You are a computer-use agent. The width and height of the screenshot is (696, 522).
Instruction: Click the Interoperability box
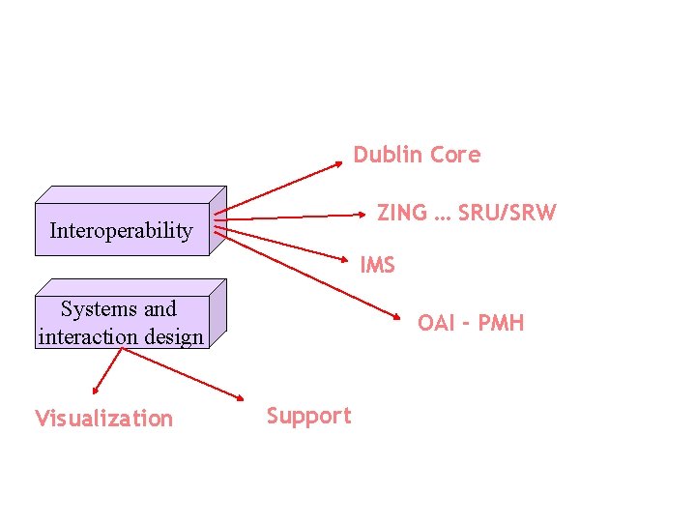coord(122,230)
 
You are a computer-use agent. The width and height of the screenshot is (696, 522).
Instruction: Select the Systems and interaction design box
coord(122,323)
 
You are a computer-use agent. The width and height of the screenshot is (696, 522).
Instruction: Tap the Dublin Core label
coord(417,155)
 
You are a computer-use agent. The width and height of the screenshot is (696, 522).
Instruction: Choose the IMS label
coord(377,264)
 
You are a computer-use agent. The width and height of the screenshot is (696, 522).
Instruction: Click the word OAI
coord(437,323)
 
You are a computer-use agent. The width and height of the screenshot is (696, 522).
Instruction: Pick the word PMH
coord(501,323)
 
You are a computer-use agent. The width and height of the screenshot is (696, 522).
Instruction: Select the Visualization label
coord(103,419)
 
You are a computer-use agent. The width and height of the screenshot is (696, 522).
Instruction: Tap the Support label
coord(308,416)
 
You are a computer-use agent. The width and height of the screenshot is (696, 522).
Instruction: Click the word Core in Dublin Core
coord(454,155)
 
